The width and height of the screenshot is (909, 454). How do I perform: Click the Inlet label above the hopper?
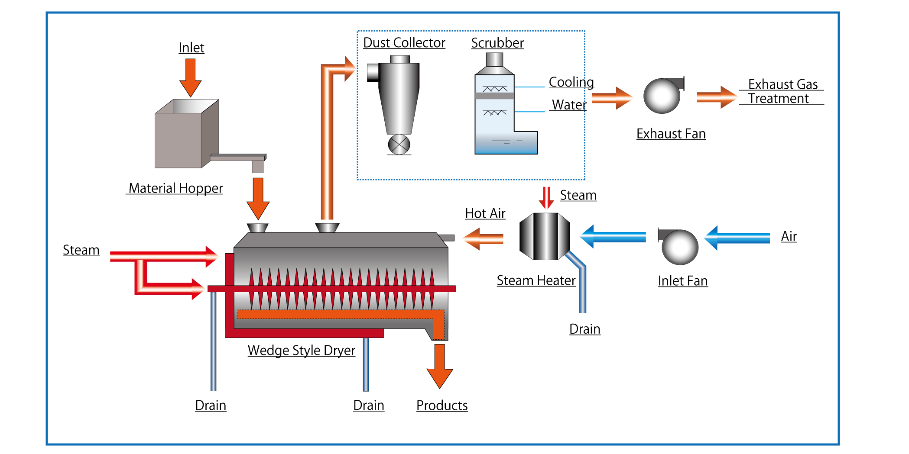click(x=191, y=48)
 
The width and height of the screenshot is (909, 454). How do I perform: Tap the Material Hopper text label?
click(x=175, y=188)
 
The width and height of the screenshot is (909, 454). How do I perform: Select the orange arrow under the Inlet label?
click(x=191, y=77)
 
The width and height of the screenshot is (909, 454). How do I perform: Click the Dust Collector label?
click(x=404, y=43)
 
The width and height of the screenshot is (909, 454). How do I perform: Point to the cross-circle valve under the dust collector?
click(x=399, y=145)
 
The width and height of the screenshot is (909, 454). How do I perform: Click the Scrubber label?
click(x=497, y=43)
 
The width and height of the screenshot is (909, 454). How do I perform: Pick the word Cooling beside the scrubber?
click(x=571, y=82)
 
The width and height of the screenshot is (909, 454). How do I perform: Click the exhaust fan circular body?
click(x=662, y=97)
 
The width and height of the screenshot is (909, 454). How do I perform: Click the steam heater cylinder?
click(x=545, y=236)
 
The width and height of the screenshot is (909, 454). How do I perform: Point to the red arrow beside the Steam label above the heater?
click(x=546, y=198)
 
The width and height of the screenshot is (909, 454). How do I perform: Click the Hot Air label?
click(x=485, y=213)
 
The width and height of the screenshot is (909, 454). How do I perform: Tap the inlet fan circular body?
click(x=680, y=248)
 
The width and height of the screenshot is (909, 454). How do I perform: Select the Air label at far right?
click(x=789, y=236)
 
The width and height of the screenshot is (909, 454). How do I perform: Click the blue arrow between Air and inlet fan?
click(x=737, y=238)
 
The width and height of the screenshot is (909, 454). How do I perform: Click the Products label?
click(x=442, y=406)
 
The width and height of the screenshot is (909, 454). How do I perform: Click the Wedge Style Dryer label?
click(x=301, y=350)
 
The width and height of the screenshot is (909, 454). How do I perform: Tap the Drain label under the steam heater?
click(x=584, y=329)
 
